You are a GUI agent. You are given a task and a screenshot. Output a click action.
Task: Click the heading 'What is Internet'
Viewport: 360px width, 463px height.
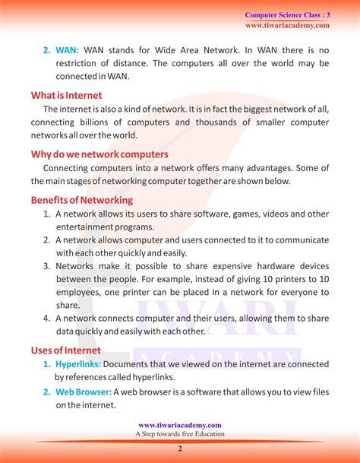point(68,96)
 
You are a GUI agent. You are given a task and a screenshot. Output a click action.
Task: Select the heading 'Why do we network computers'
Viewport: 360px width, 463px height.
point(99,154)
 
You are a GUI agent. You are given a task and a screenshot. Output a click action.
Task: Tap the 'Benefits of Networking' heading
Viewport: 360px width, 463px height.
point(82,200)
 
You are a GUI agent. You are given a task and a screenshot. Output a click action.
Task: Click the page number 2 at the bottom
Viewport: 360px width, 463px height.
point(180,449)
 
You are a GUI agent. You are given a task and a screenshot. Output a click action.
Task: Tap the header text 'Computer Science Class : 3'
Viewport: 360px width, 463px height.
point(287,14)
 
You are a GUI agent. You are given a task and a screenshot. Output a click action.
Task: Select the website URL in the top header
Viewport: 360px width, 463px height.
point(287,25)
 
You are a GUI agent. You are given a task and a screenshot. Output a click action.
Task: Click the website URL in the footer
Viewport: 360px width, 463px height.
point(180,425)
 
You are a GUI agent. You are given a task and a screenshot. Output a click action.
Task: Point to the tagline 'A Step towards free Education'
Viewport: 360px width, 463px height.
point(180,434)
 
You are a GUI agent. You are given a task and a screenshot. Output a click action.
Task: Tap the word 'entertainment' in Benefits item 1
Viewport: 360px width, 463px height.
point(87,227)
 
